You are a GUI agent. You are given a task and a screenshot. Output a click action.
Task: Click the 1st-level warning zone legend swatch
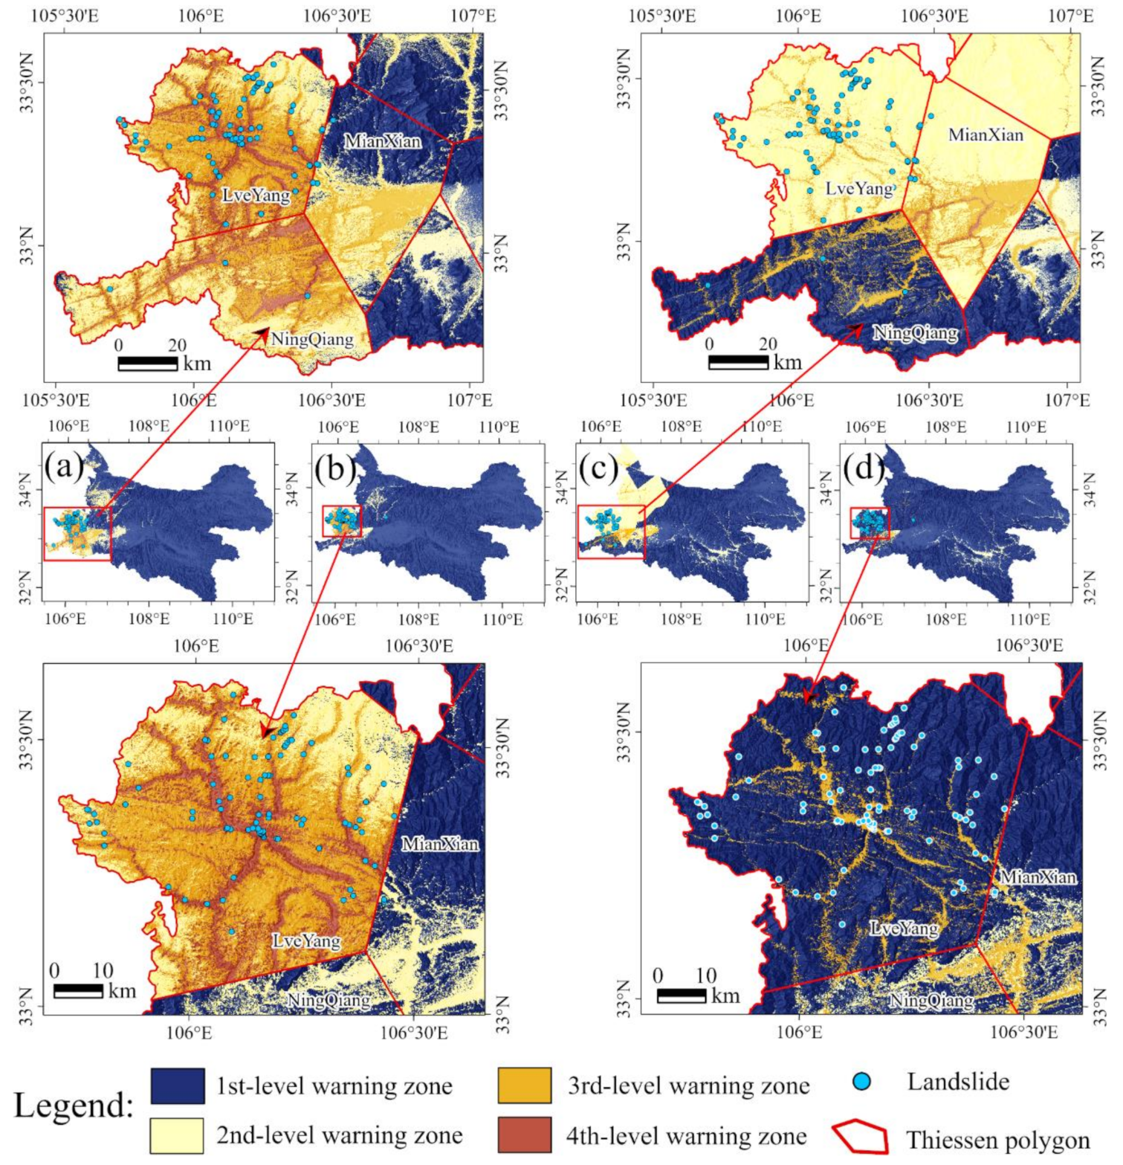(x=177, y=1086)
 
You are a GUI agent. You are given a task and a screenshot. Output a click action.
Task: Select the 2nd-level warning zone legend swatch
(x=177, y=1135)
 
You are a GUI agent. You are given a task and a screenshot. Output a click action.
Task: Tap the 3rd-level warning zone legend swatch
(x=525, y=1086)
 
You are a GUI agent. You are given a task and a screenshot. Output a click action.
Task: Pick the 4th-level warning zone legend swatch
(x=525, y=1135)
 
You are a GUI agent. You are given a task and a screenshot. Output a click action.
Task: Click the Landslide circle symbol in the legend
(x=861, y=1082)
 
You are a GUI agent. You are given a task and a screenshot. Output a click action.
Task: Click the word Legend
(x=73, y=1106)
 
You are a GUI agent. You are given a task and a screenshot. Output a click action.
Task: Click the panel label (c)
(x=598, y=468)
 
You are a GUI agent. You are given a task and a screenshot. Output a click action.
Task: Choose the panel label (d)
(x=864, y=468)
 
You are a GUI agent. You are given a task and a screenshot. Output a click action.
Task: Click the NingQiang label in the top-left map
(x=312, y=340)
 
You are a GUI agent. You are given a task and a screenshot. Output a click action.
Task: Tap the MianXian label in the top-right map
(x=986, y=135)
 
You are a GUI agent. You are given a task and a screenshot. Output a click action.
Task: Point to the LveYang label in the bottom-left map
(x=306, y=941)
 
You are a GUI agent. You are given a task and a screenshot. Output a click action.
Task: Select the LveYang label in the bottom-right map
(x=904, y=929)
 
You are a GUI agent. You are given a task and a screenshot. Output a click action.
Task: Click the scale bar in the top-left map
(x=147, y=364)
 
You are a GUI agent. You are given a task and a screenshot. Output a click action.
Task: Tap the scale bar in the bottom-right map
(x=682, y=995)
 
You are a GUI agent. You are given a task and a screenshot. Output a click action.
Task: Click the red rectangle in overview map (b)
(x=342, y=520)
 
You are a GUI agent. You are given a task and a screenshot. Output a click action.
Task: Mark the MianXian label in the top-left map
(x=383, y=141)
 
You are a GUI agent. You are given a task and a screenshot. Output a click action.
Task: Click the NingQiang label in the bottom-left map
(x=329, y=1001)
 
